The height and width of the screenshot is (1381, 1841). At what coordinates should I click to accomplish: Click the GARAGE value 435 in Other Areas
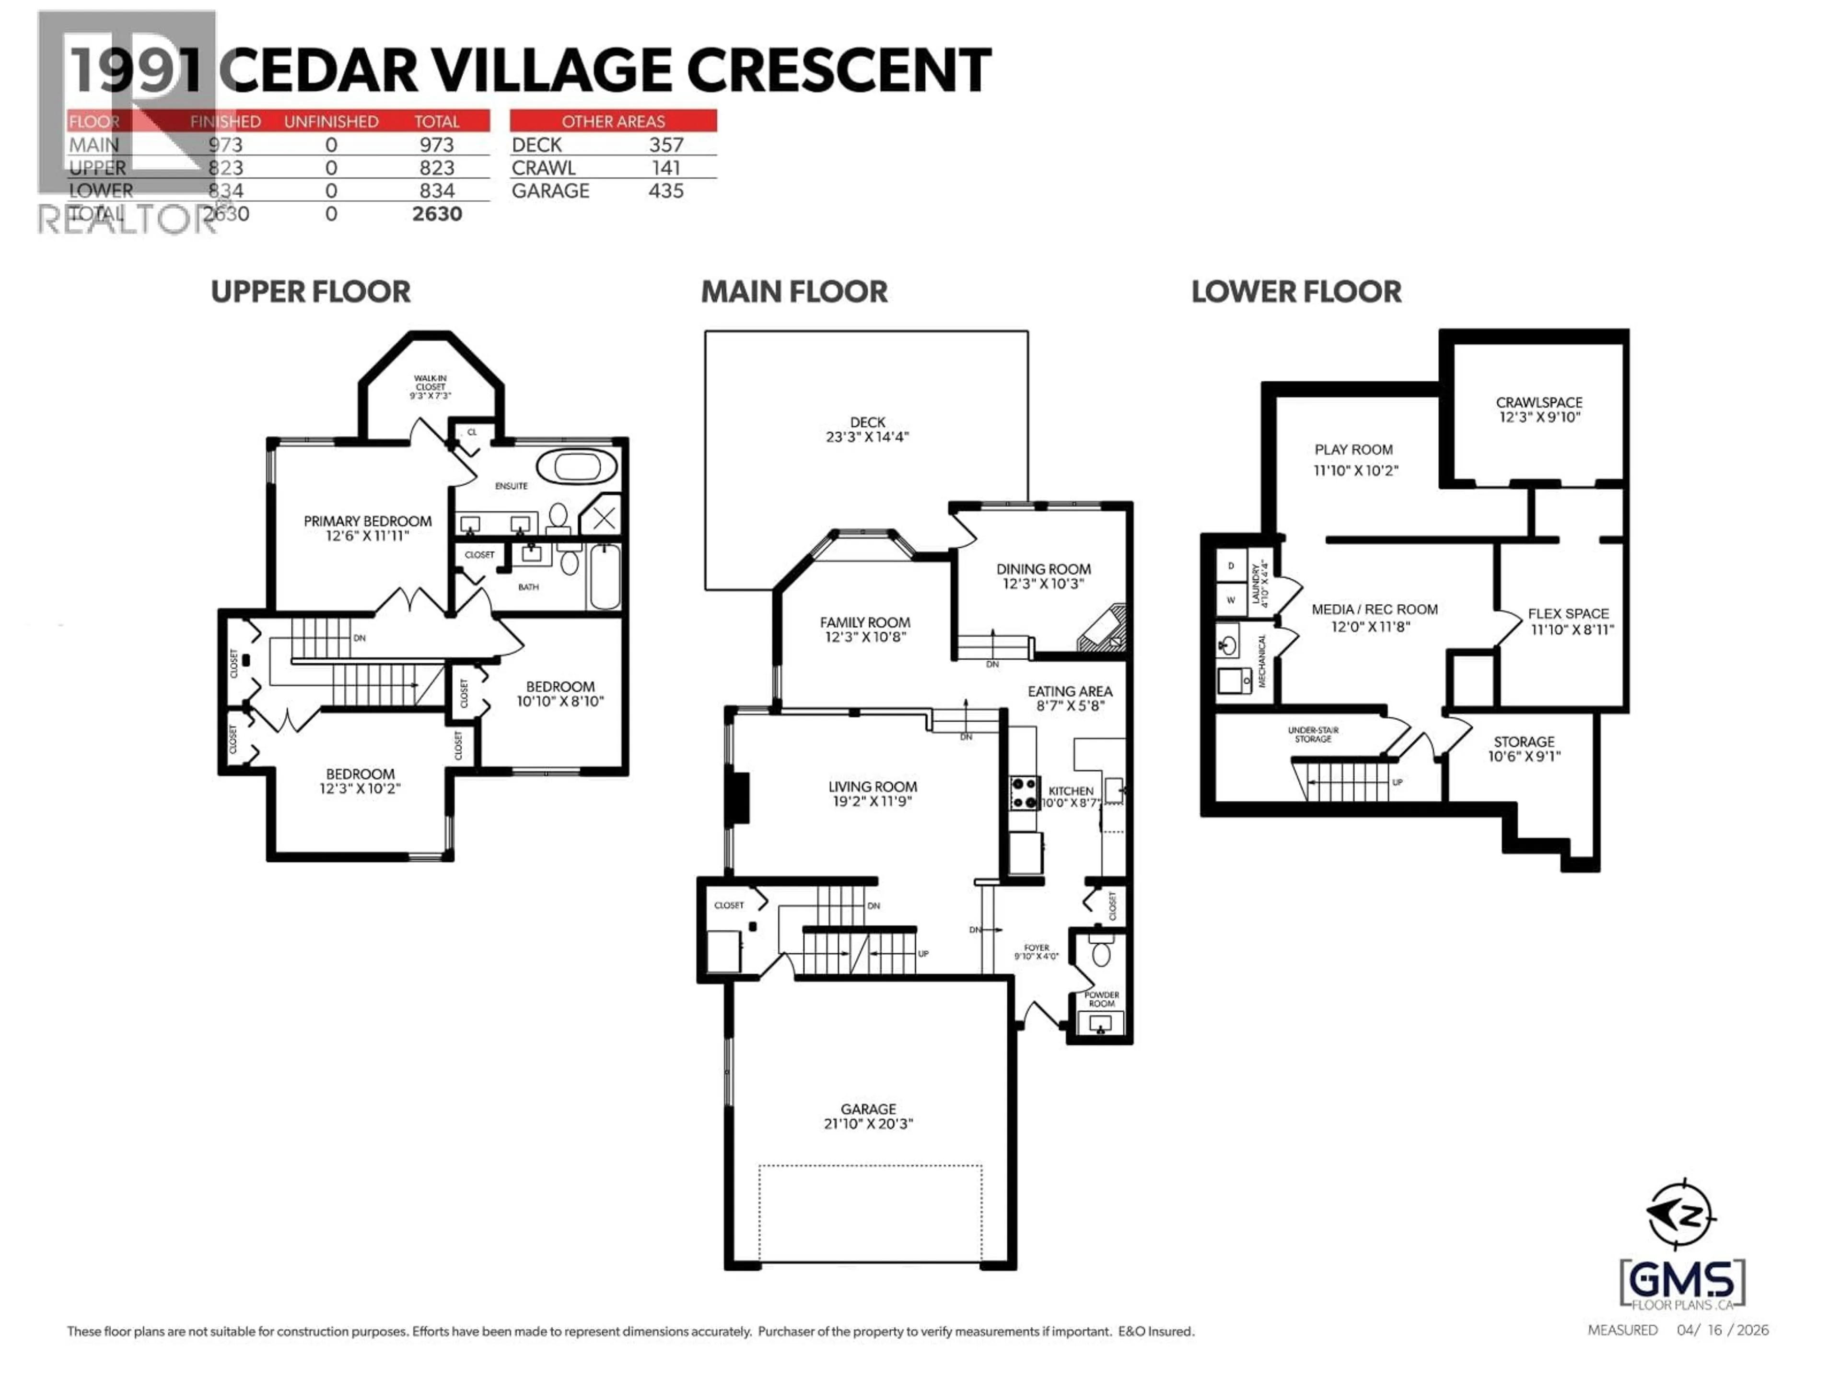[x=666, y=191]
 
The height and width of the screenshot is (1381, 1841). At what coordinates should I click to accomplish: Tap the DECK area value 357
[x=666, y=145]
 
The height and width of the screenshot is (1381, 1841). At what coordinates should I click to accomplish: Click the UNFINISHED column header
[x=331, y=121]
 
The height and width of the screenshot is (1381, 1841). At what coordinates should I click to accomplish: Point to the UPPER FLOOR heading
[x=311, y=292]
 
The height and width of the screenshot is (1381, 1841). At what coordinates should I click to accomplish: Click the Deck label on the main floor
[x=867, y=423]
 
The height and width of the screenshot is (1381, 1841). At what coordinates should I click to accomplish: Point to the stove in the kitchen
[x=1024, y=793]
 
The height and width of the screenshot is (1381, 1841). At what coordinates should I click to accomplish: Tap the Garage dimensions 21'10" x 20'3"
[x=868, y=1124]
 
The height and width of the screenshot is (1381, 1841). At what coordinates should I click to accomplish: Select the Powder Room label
[x=1101, y=999]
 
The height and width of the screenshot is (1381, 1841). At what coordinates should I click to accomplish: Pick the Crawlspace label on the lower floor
[x=1539, y=402]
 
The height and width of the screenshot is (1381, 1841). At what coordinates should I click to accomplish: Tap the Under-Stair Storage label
[x=1313, y=734]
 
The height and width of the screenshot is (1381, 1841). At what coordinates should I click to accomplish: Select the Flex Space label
[x=1568, y=613]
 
